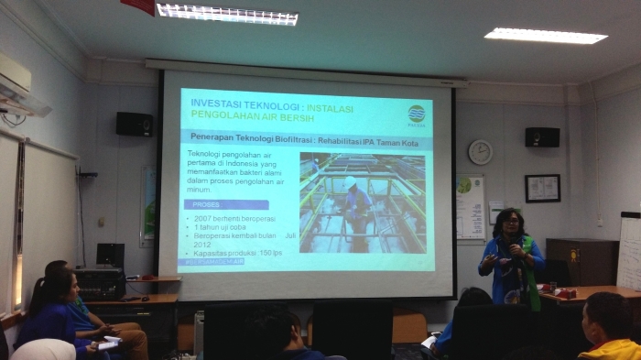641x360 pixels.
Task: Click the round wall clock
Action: tap(480, 152)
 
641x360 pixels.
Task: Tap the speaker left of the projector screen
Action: tap(135, 124)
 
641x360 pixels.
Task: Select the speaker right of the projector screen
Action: tap(542, 136)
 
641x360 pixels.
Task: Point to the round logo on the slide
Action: tap(417, 114)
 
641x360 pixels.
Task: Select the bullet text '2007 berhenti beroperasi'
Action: tap(228, 219)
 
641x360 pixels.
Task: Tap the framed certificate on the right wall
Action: tap(542, 188)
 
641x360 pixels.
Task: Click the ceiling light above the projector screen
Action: tap(226, 14)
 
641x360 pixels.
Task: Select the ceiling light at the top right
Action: tap(545, 36)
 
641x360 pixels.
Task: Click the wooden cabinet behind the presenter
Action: tap(570, 262)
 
